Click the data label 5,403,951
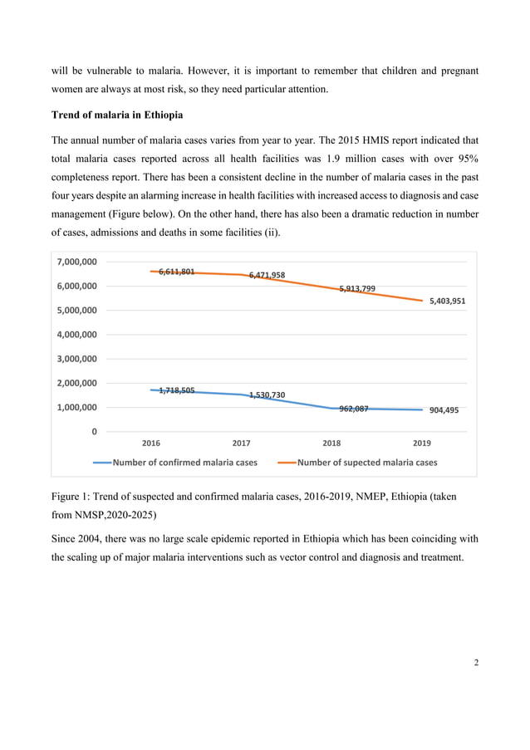447,301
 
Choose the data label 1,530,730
267,395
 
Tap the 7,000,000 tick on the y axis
76,262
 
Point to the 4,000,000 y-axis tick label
76,335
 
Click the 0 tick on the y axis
93,432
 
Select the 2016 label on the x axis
152,444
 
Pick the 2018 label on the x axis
331,444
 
